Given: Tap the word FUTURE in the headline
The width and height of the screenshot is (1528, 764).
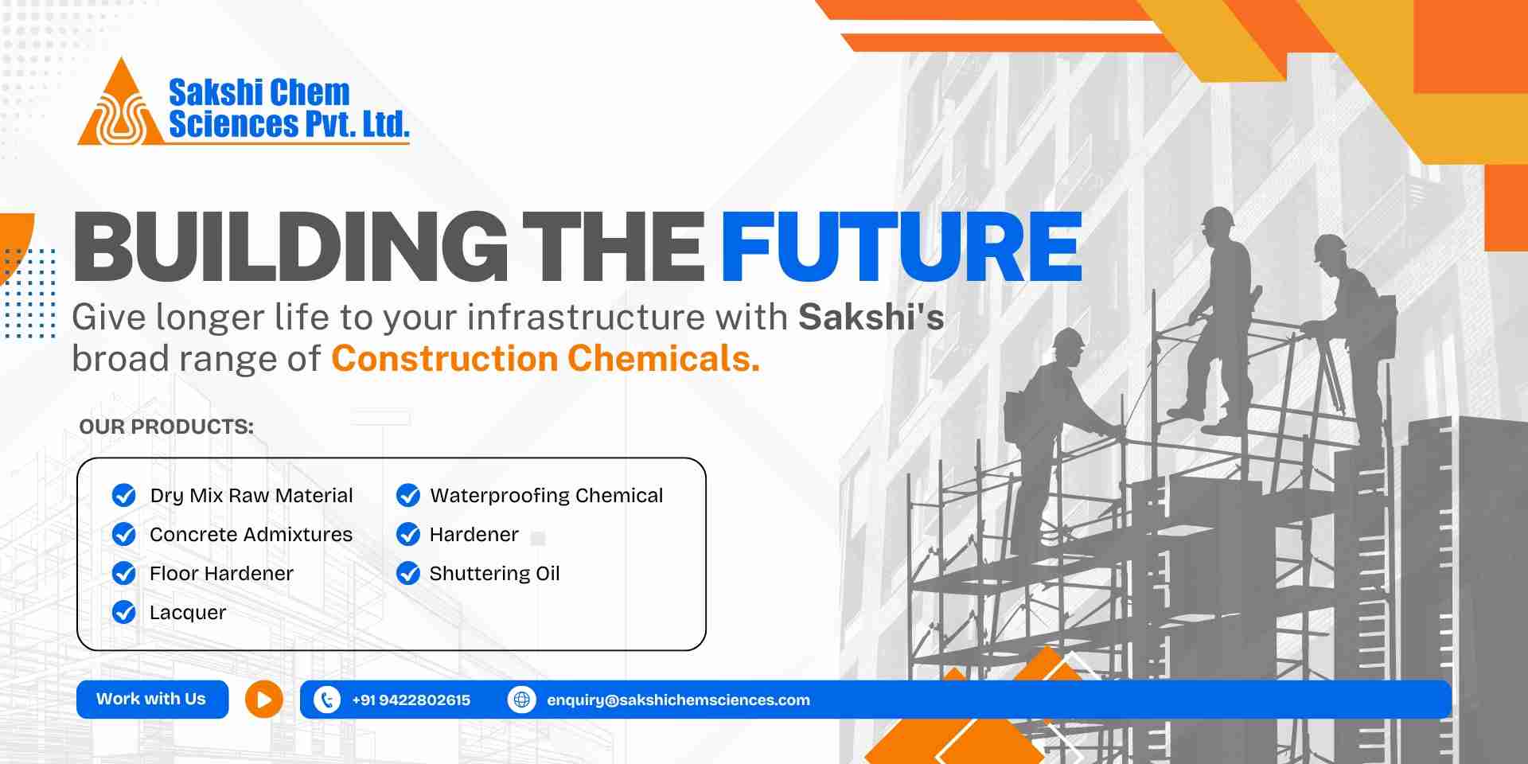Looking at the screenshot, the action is point(901,247).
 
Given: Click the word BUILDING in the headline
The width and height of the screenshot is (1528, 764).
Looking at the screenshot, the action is point(290,247).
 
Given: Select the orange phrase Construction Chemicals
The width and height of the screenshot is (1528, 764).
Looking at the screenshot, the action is point(545,359).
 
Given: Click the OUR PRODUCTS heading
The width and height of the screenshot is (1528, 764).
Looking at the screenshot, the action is point(166,427).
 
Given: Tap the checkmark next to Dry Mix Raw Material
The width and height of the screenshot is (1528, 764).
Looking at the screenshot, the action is point(124,495).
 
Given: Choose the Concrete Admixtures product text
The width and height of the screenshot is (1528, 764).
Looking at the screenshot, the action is point(251,534).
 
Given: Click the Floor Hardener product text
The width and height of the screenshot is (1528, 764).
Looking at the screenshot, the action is point(221,573).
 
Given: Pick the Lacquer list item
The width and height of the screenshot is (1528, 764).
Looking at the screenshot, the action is point(188,613).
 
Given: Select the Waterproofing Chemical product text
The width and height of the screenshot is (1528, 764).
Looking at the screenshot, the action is point(546,496).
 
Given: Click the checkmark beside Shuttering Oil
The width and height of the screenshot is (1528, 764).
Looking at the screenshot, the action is point(408,573).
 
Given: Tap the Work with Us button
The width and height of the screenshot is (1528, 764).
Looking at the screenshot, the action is point(152,700).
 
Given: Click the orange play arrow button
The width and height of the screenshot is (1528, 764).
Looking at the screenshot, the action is point(264,700).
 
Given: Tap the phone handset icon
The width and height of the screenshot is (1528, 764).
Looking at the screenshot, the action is point(327,700).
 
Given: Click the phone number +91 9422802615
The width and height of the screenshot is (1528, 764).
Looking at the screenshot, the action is point(411,700).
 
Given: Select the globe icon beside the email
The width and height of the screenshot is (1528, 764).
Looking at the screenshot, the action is point(522,700).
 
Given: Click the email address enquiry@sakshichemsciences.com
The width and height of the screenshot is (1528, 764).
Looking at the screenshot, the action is point(678,700).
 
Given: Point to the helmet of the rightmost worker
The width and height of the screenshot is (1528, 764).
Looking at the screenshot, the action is point(1329,248).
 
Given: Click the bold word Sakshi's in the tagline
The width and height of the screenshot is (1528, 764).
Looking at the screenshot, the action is point(871,317).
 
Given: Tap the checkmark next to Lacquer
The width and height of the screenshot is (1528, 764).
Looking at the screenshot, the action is point(124,612).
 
